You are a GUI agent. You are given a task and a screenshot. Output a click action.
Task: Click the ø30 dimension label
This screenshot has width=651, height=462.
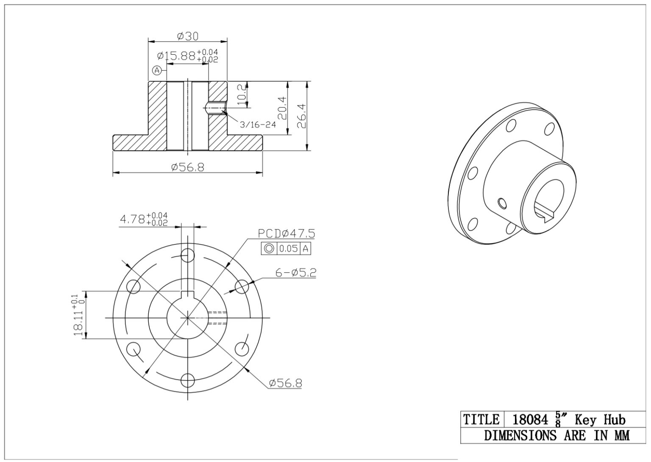point(187,36)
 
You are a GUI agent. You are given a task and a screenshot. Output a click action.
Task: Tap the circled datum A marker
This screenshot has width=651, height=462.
point(157,70)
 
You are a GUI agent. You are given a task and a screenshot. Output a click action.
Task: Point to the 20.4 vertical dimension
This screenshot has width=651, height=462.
point(282,108)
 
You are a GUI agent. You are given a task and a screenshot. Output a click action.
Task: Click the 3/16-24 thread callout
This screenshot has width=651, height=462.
point(258,125)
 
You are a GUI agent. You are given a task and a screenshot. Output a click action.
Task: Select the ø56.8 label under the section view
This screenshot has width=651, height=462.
point(187,168)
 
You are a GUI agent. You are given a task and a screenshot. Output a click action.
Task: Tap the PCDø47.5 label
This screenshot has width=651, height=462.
point(287,234)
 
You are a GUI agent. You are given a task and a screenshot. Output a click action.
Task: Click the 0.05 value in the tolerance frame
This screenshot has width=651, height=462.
point(289,249)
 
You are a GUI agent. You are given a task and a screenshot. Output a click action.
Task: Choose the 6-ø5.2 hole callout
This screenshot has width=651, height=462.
point(296,273)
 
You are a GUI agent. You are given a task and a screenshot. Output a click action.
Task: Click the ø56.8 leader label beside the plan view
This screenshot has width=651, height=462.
point(285,383)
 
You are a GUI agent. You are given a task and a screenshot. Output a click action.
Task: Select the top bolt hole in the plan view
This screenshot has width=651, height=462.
point(187,255)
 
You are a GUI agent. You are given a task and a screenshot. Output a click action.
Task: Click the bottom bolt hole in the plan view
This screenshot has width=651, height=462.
point(187,380)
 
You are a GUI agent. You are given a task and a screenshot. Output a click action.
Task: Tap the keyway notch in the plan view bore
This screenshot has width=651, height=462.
point(187,295)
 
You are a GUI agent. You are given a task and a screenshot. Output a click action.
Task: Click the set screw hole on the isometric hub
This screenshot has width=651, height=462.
point(502,204)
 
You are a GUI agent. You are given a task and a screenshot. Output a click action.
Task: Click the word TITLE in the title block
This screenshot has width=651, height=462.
point(481,420)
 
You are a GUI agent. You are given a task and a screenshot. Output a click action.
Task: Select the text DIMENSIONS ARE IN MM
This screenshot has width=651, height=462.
point(556,435)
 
